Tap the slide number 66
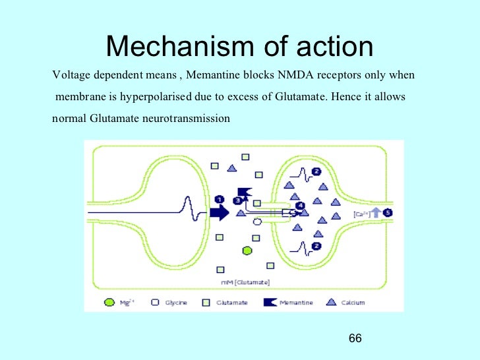(355, 338)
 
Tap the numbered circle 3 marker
(237, 200)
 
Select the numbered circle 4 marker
(301, 206)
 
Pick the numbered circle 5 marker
(388, 212)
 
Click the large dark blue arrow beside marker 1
(219, 212)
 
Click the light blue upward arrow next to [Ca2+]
(376, 212)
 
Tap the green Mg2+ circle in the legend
(109, 303)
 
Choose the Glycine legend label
(176, 303)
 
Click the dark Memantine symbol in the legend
(270, 303)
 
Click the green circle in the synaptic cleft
(247, 251)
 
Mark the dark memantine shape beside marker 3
(244, 192)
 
